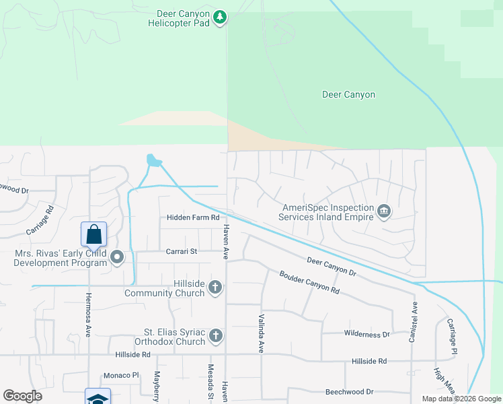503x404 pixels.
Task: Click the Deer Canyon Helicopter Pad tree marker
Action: click(x=219, y=17)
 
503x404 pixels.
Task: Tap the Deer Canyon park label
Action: click(x=348, y=95)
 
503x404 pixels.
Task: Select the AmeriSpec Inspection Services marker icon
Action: click(x=384, y=211)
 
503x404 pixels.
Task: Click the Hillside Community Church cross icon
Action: click(x=215, y=288)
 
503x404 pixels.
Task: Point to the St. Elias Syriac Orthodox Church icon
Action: click(x=215, y=335)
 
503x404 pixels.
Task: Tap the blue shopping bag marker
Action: click(x=94, y=234)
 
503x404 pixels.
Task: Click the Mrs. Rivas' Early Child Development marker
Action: click(x=118, y=257)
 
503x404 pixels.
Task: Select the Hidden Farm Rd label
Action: click(x=193, y=217)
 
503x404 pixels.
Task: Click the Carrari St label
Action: click(x=181, y=252)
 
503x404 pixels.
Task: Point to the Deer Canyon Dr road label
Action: click(x=330, y=265)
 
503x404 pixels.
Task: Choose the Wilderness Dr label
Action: click(x=366, y=334)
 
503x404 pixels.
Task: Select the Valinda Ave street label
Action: click(x=260, y=333)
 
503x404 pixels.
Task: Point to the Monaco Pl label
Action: click(x=120, y=376)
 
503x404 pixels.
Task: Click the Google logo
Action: click(x=22, y=396)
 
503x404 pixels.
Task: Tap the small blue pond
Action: click(x=154, y=161)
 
